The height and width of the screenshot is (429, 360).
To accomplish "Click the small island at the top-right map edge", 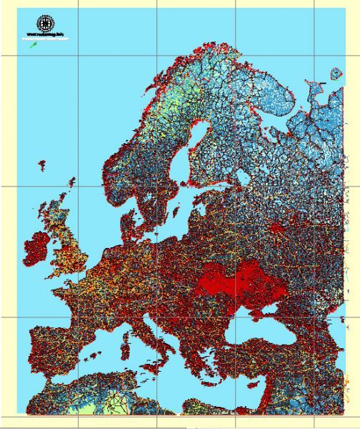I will pos(336,73).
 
